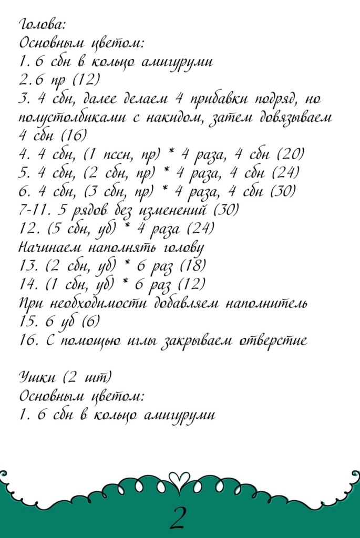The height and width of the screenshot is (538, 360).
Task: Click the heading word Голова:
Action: (x=42, y=24)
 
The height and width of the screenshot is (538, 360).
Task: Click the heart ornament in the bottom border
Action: (x=180, y=479)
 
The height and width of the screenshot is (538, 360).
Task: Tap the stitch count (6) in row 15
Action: (x=89, y=321)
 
